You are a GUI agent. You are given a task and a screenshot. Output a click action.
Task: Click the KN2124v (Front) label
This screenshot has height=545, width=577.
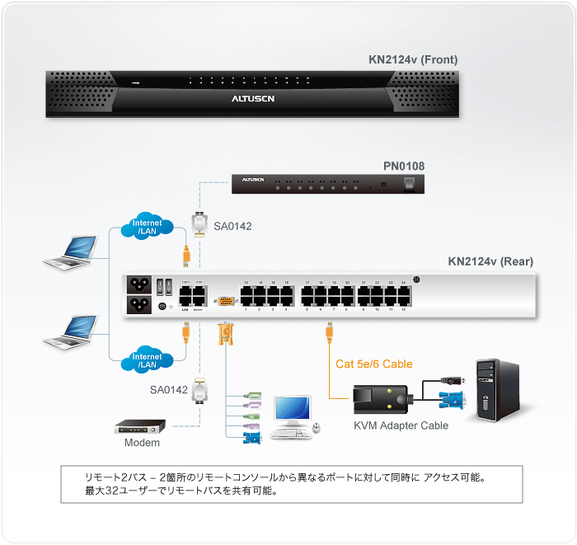413,59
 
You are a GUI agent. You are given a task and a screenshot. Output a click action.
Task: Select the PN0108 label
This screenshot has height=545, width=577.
404,166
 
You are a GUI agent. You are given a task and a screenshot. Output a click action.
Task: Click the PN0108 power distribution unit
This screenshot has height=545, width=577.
329,183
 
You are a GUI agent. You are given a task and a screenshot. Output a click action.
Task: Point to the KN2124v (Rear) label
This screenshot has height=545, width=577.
490,262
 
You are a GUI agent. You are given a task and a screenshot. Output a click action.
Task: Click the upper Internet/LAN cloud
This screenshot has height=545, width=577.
148,226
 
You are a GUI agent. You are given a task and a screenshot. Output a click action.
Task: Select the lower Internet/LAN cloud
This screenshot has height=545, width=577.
148,360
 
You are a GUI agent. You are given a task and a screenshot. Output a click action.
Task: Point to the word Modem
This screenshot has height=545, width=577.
142,443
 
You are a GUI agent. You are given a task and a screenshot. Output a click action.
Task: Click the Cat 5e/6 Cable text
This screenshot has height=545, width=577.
373,364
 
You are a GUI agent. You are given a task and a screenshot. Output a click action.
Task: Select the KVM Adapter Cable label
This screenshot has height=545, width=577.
401,425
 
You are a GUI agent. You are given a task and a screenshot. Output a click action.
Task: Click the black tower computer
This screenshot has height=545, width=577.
498,389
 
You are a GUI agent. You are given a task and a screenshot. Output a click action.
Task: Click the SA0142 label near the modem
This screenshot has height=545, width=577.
169,388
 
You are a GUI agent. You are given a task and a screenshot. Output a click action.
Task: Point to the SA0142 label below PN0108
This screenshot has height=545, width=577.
232,225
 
